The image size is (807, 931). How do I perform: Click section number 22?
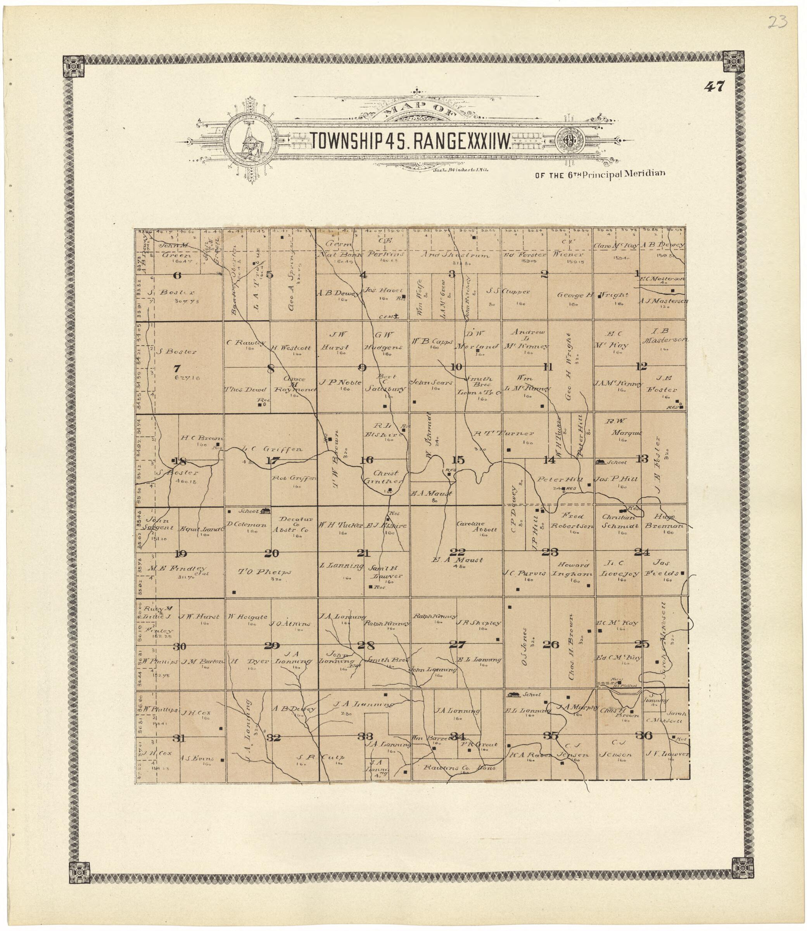click(x=459, y=552)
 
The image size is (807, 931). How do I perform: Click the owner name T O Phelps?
click(x=264, y=572)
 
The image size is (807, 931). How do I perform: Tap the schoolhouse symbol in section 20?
click(x=265, y=510)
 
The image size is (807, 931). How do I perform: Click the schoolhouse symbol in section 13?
click(x=600, y=462)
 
